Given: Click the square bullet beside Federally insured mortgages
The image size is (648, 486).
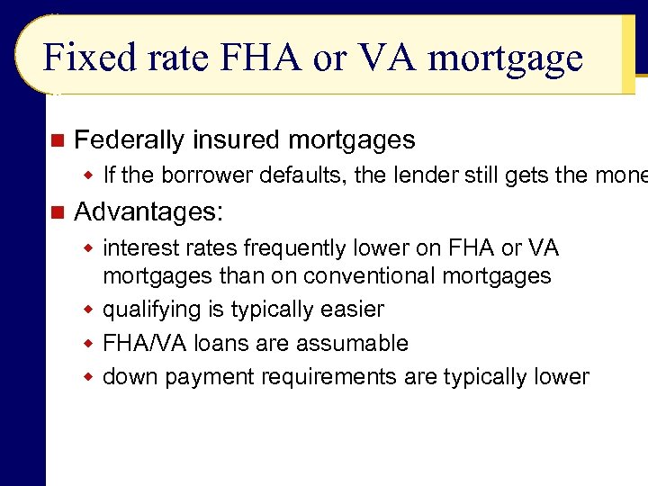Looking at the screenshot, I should click(58, 140).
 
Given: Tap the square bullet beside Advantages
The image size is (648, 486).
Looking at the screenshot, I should click(58, 212).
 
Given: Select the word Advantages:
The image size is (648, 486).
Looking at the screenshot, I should click(148, 212).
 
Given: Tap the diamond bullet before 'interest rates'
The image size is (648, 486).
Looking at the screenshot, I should click(89, 247).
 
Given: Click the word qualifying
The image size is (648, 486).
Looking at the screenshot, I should click(151, 310).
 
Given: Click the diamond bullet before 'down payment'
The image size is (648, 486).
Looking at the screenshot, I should click(89, 377).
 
